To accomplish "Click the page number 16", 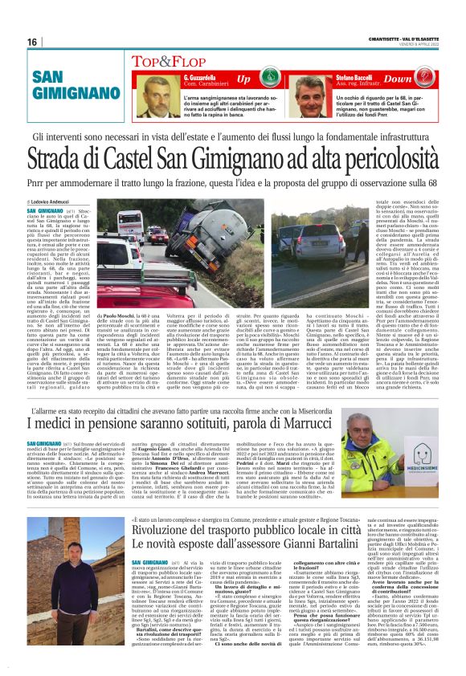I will pyautogui.click(x=32, y=42).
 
